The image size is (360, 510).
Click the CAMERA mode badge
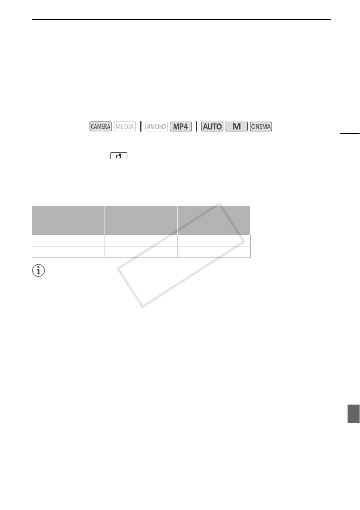pos(100,126)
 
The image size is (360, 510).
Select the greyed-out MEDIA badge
pos(125,126)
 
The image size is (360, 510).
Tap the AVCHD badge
pos(156,126)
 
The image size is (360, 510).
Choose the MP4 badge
pos(181,126)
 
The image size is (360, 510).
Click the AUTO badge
pos(213,126)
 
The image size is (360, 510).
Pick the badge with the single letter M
pos(237,126)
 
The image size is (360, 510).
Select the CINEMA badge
pos(261,126)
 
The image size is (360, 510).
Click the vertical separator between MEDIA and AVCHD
pos(141,126)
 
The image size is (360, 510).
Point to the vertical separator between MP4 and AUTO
pos(196,126)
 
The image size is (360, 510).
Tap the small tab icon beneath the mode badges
pos(119,156)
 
